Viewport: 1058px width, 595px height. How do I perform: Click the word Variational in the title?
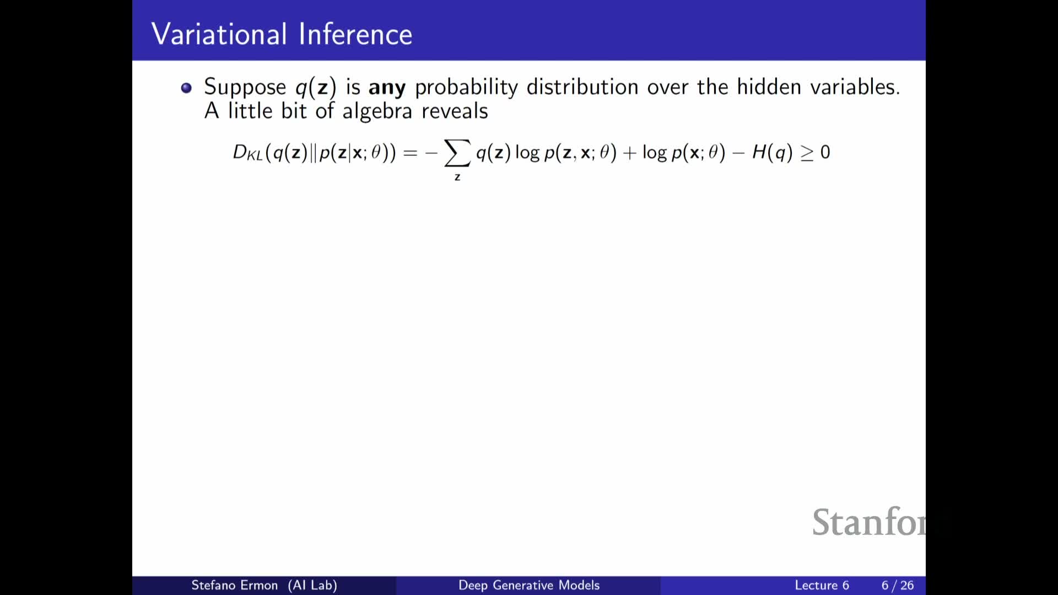coord(219,34)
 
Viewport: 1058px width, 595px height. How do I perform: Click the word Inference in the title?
coord(355,34)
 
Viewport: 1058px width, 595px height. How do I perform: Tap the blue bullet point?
coord(186,88)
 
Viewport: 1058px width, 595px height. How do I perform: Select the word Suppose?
coord(245,88)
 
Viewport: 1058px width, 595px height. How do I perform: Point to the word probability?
coord(467,88)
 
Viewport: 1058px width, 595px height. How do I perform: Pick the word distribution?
coord(582,87)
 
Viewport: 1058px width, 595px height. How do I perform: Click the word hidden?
coord(769,87)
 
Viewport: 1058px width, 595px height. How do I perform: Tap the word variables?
coord(855,87)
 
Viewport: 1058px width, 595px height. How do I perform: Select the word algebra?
coord(377,111)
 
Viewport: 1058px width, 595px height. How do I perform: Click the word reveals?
coord(455,111)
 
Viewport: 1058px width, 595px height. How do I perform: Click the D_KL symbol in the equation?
coord(247,153)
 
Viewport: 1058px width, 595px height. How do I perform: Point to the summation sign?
coord(457,153)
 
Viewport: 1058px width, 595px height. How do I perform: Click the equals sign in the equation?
coord(411,153)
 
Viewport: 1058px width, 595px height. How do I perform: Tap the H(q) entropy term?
coord(773,152)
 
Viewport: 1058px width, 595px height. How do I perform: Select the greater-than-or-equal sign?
coord(807,153)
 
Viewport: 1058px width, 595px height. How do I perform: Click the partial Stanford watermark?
coord(869,522)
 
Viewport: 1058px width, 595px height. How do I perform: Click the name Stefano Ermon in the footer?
coord(235,585)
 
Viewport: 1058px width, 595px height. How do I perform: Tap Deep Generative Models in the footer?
coord(529,585)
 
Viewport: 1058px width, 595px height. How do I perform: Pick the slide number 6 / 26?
coord(898,585)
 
